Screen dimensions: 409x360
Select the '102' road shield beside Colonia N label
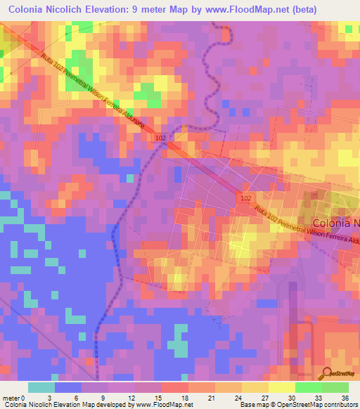point(244,199)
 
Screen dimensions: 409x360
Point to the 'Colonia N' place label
point(332,223)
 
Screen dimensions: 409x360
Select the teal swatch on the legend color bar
point(41,387)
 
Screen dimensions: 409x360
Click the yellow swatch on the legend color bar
point(281,387)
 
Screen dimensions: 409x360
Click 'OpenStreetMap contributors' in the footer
point(318,405)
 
